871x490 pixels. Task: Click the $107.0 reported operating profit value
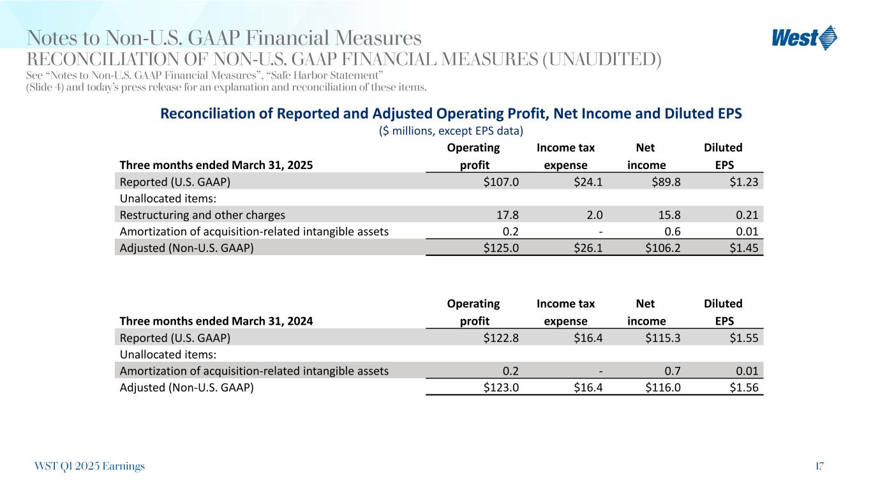tap(501, 181)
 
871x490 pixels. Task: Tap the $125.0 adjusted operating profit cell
tap(501, 249)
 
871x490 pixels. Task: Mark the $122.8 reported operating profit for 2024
tap(501, 338)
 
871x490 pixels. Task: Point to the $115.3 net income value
tap(662, 338)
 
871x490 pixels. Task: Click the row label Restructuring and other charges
tap(202, 215)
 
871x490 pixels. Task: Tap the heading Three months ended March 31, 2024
tap(216, 322)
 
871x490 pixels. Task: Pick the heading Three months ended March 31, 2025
tap(216, 165)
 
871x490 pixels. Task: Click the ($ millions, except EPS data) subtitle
tap(450, 131)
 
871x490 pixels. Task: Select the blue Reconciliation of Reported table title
tap(450, 114)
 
